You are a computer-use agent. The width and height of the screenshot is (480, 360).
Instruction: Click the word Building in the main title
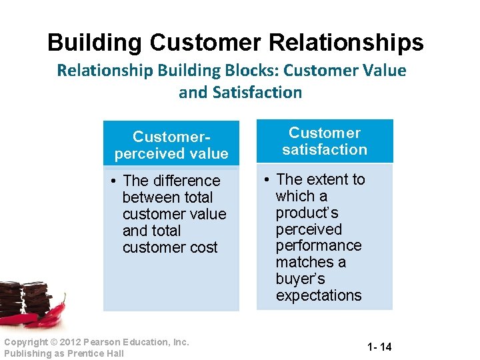coord(95,43)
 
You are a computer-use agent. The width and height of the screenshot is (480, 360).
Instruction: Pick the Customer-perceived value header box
coord(171,145)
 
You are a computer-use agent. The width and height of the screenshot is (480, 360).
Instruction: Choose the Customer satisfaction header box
coord(325,141)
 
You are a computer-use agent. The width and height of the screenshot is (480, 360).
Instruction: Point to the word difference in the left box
coord(188,181)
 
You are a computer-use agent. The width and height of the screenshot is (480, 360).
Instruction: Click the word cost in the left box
coord(204,247)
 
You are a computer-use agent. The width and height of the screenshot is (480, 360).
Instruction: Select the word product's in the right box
coord(307,213)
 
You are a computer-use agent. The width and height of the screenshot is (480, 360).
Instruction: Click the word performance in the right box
coord(319,245)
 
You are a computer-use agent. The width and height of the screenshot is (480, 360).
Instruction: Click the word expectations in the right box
coord(319,295)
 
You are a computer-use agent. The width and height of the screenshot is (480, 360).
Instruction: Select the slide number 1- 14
coord(379,347)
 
